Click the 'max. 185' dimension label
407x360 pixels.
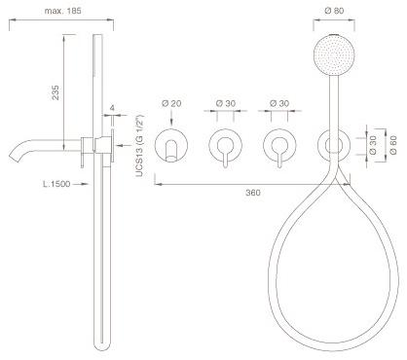tap(62, 11)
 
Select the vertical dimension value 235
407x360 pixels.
tap(55, 92)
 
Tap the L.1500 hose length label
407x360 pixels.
tap(56, 184)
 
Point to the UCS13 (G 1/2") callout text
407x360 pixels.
tap(139, 146)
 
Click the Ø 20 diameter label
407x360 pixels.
tap(171, 103)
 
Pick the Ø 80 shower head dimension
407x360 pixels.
tap(334, 11)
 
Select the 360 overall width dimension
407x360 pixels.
tap(253, 193)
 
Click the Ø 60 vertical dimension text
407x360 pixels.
tap(393, 145)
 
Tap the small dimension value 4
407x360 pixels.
tap(112, 108)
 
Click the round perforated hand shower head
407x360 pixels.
tap(334, 54)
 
